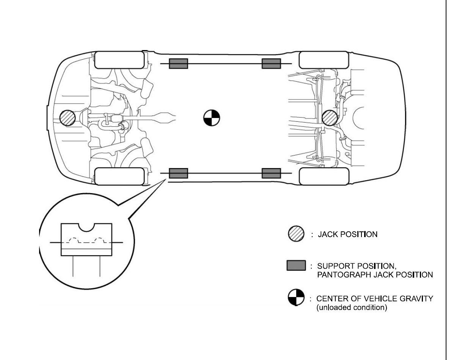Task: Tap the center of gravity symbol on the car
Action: (x=211, y=118)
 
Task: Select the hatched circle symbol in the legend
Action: (x=296, y=234)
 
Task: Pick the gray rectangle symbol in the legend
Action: (x=296, y=266)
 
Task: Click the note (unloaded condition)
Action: (x=352, y=308)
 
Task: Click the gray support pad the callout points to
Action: (x=178, y=173)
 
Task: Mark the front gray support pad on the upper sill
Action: (x=178, y=64)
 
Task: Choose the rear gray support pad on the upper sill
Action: (x=271, y=64)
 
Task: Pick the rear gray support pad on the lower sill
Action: (x=271, y=173)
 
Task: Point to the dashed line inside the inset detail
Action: (x=86, y=241)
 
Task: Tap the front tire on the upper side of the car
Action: (x=119, y=60)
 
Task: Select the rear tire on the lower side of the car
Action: (x=324, y=176)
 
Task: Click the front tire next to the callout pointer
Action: (x=119, y=176)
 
